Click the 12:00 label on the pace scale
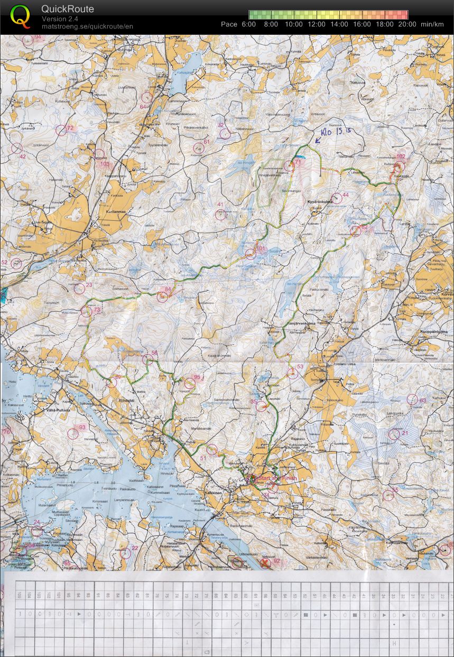pyautogui.click(x=317, y=24)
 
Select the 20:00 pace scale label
pyautogui.click(x=407, y=24)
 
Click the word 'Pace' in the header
pyautogui.click(x=229, y=24)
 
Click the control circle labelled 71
pyautogui.click(x=289, y=166)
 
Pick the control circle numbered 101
pyautogui.click(x=251, y=254)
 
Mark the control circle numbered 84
pyautogui.click(x=162, y=297)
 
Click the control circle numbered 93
pyautogui.click(x=73, y=434)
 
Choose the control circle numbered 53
pyautogui.click(x=293, y=373)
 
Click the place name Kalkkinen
pyautogui.click(x=215, y=492)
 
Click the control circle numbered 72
pyautogui.click(x=61, y=130)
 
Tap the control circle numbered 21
pyautogui.click(x=394, y=434)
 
